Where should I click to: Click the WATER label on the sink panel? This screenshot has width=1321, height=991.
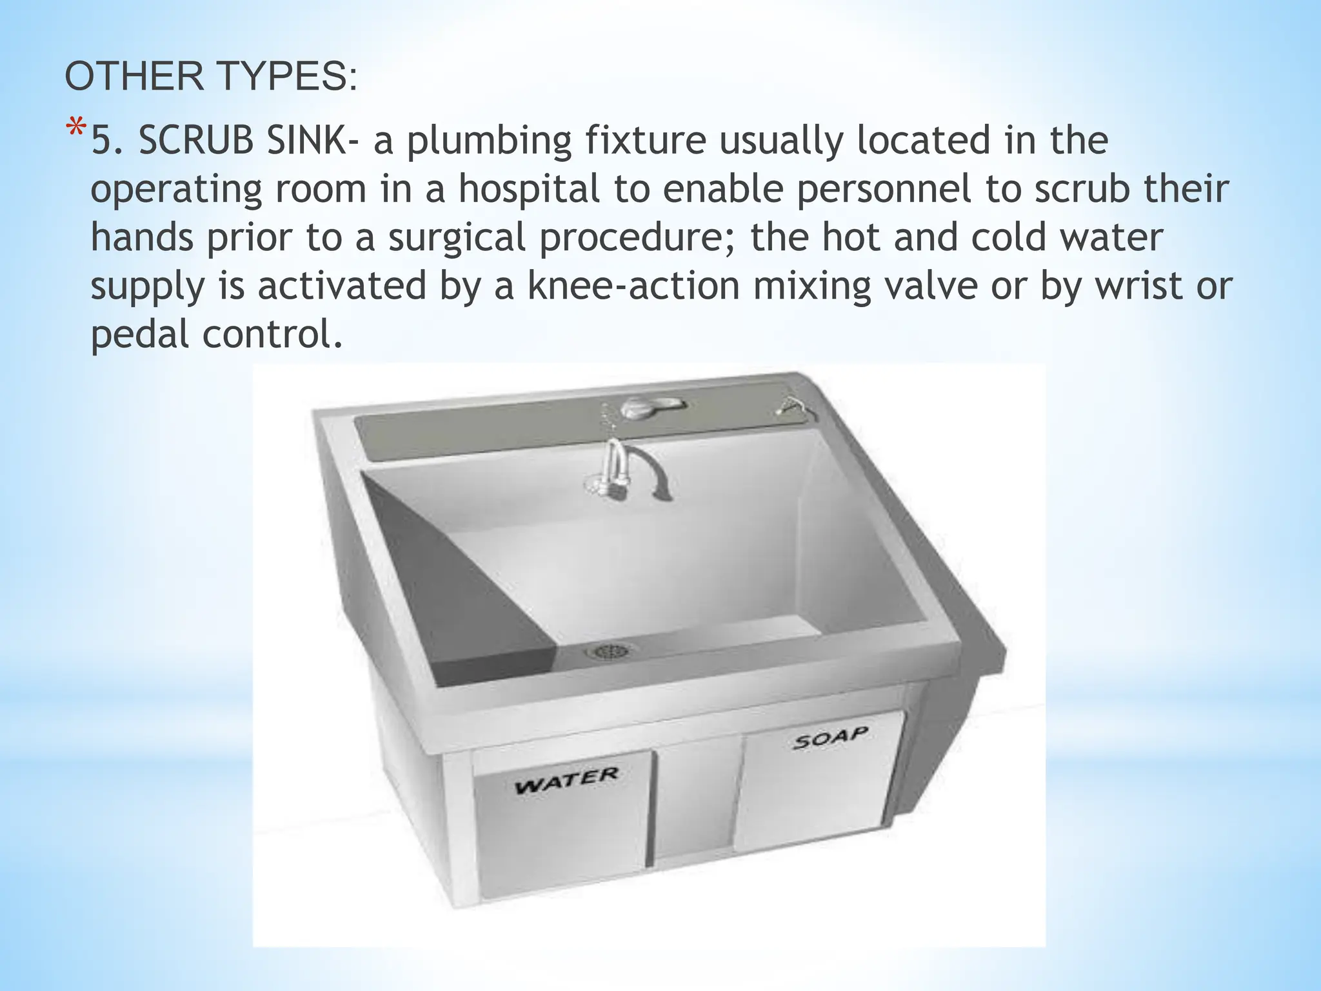tap(566, 779)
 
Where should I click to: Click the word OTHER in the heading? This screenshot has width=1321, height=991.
tap(134, 77)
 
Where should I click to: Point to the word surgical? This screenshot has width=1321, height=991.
tap(456, 238)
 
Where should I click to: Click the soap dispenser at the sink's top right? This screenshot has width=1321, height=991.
tap(790, 406)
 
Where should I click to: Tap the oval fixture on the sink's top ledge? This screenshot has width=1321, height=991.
tap(652, 407)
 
